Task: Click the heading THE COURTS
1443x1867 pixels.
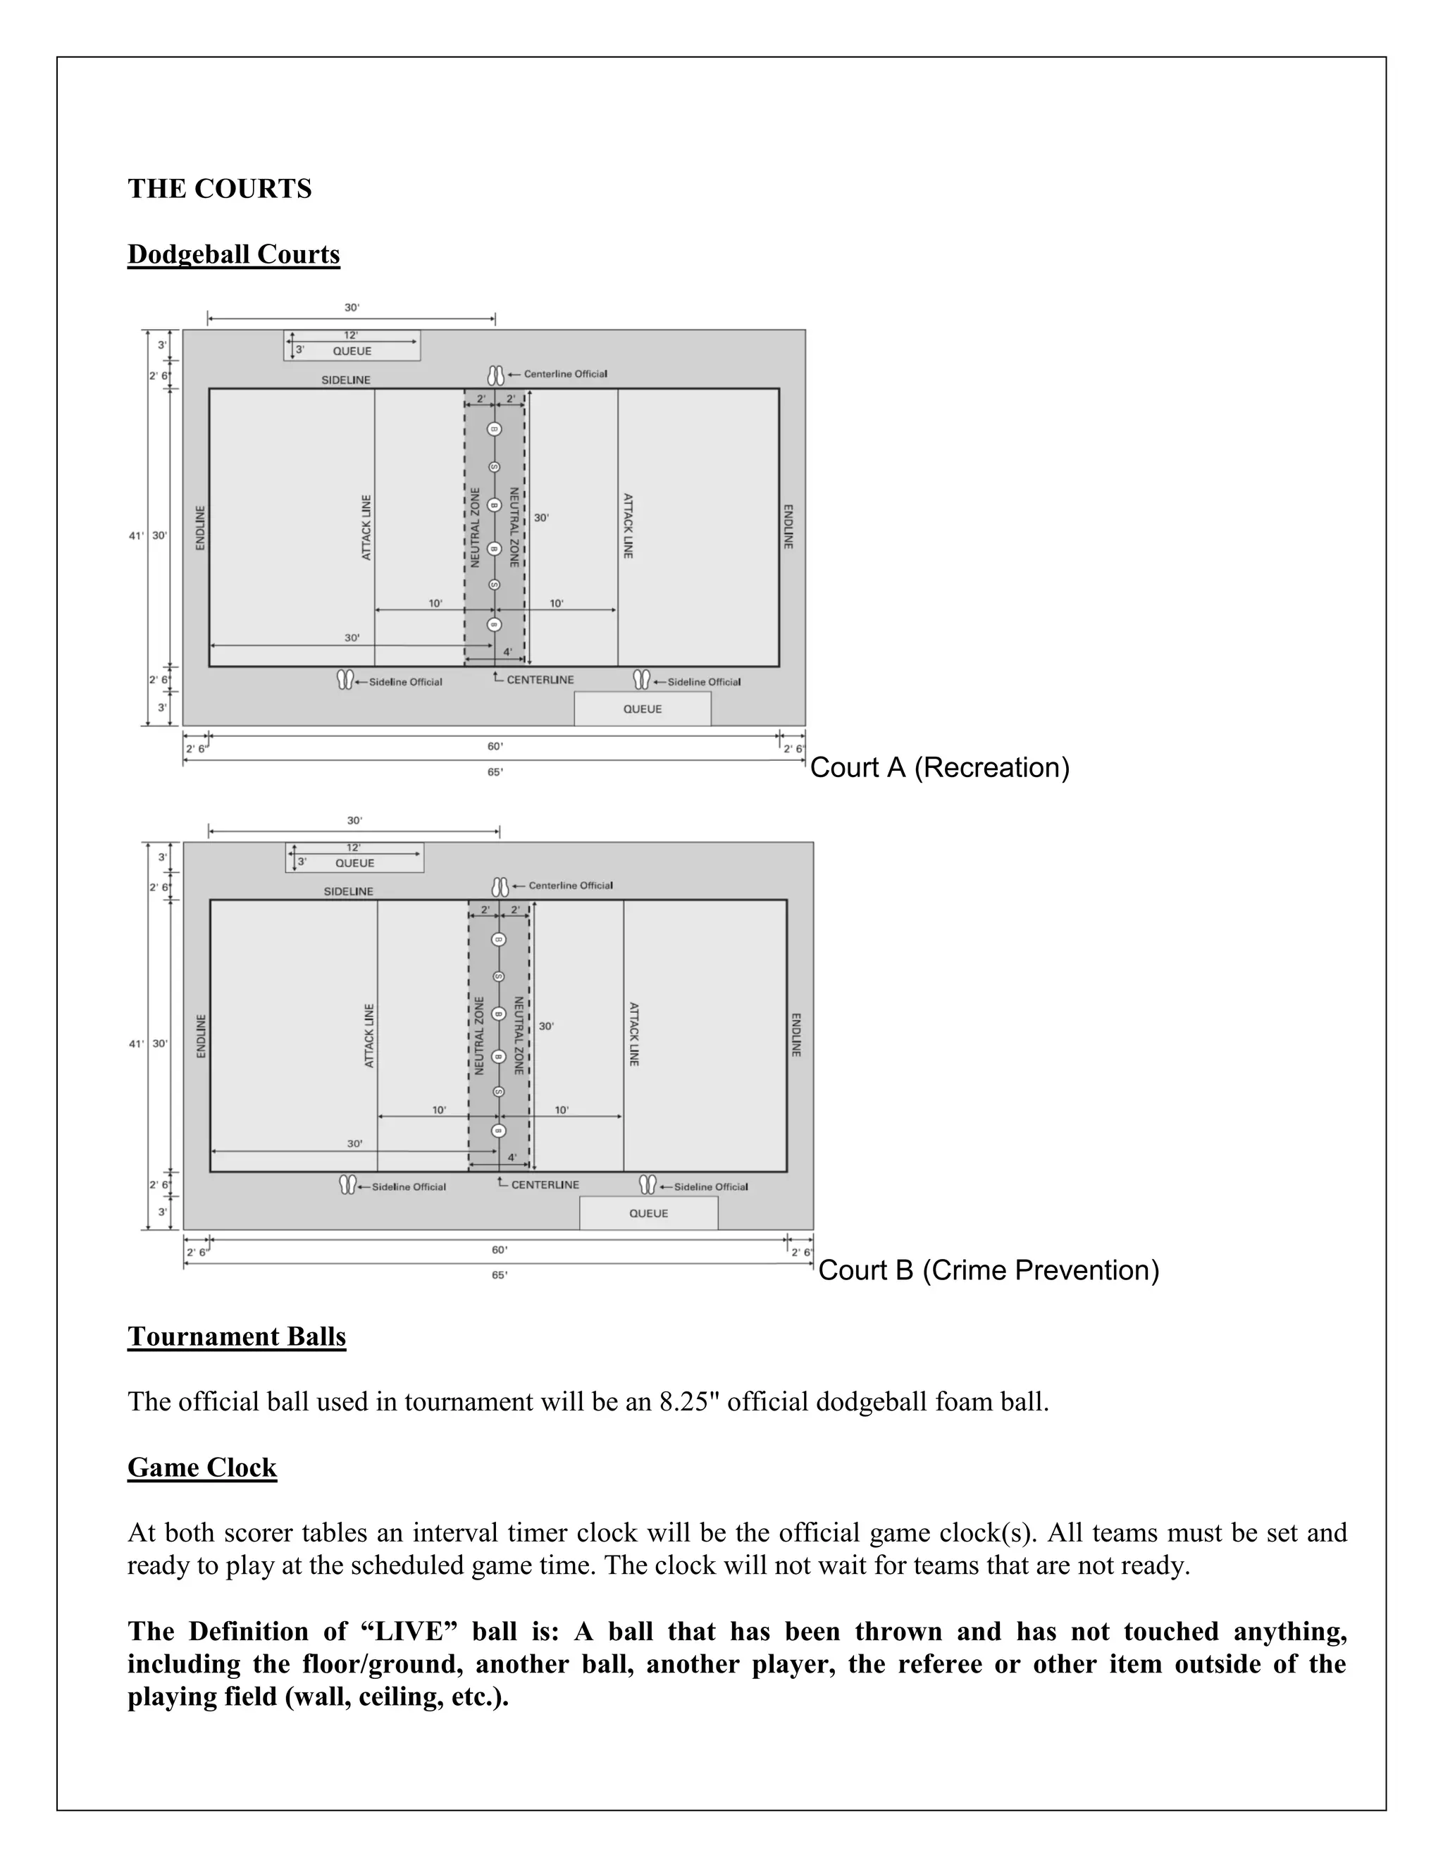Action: [220, 189]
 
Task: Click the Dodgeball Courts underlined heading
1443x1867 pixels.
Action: [233, 255]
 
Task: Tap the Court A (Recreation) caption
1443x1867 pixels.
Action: [939, 768]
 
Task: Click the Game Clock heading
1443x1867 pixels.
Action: [202, 1467]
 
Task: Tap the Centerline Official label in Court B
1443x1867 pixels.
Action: [570, 886]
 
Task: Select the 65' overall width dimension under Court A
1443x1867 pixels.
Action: [495, 772]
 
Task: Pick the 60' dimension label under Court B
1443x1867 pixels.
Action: [500, 1250]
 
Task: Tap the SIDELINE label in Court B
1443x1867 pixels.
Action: [348, 892]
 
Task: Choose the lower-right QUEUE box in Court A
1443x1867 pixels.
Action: [642, 709]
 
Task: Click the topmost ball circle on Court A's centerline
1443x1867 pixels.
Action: [494, 429]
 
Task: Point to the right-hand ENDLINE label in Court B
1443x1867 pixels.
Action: [796, 1035]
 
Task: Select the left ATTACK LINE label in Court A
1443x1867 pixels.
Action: [366, 528]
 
